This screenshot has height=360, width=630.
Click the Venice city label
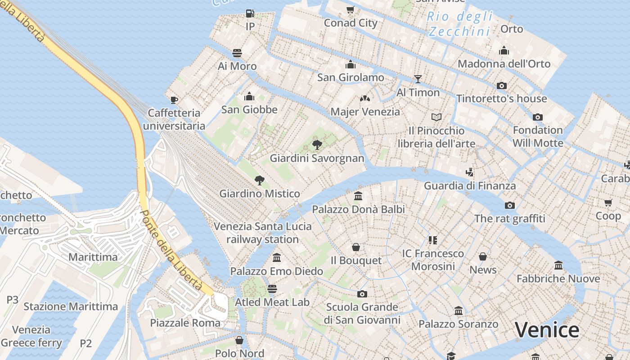coord(547,330)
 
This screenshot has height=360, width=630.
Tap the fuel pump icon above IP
coord(250,13)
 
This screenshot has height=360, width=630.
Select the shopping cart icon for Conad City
coord(350,9)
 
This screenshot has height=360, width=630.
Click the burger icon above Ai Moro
coord(237,53)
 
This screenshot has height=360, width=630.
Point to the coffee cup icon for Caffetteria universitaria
coord(174,99)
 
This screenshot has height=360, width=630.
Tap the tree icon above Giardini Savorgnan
coord(317,144)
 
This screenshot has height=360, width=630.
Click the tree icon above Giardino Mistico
coord(259,180)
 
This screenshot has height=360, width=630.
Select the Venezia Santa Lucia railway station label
coord(262,233)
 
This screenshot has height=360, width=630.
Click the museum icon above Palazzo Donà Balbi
coord(358,196)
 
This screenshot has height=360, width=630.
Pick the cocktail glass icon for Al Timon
coord(418,79)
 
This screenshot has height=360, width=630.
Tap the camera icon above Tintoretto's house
coord(501,85)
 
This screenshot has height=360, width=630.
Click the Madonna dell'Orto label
coord(504,64)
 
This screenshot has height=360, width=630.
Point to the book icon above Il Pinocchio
coord(436,117)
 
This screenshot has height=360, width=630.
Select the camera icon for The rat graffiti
coord(509,205)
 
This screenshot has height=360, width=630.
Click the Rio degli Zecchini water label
coord(459,24)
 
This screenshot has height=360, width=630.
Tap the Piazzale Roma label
coord(185,323)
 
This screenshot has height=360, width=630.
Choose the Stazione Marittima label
coord(71,306)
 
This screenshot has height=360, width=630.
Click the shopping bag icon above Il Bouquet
coord(356,247)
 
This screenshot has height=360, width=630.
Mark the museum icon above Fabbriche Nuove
coord(558,265)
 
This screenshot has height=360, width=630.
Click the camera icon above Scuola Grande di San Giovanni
coord(362,294)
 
